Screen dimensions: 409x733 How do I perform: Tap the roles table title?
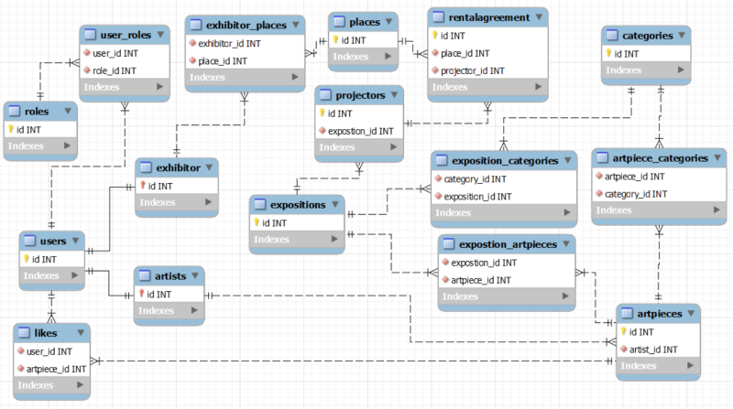coord(37,112)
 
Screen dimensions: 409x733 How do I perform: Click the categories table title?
coord(648,36)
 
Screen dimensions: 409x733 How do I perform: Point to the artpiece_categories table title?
coord(659,158)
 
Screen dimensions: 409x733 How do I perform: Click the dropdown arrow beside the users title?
coord(77,242)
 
